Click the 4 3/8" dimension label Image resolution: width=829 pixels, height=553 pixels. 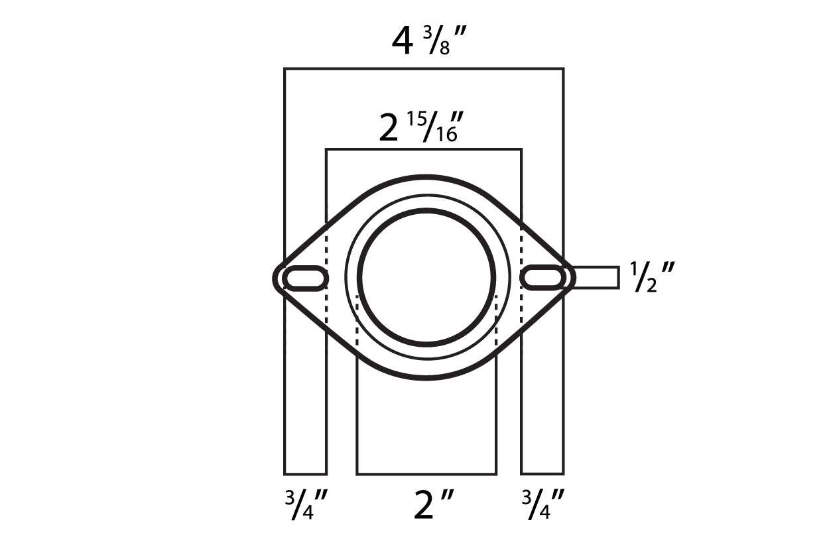[x=428, y=40]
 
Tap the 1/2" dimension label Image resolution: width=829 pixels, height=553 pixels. [x=653, y=277]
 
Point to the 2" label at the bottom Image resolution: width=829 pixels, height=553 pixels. [x=434, y=505]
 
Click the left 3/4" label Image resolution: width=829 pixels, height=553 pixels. [x=306, y=504]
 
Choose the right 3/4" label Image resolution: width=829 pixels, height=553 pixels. [x=542, y=504]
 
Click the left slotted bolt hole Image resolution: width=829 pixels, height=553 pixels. [x=305, y=278]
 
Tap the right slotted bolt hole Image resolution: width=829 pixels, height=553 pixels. [x=543, y=278]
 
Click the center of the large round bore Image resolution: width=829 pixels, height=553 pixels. [x=426, y=277]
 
